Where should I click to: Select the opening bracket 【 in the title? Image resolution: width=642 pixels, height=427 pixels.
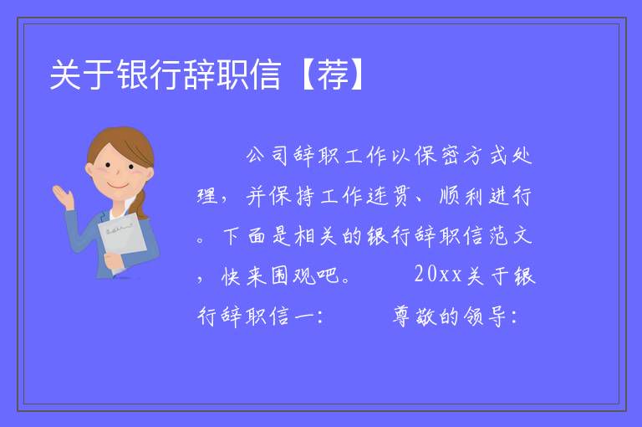point(306,75)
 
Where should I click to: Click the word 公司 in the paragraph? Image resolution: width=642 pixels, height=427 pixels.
point(267,156)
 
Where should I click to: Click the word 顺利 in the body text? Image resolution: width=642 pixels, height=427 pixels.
point(461,196)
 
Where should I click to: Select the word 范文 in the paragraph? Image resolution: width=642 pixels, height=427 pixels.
point(510,235)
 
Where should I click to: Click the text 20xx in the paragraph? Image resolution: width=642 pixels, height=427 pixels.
point(438,274)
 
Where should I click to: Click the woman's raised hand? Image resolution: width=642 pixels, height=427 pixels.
point(63,197)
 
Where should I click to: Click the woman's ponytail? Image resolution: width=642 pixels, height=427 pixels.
point(141,203)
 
